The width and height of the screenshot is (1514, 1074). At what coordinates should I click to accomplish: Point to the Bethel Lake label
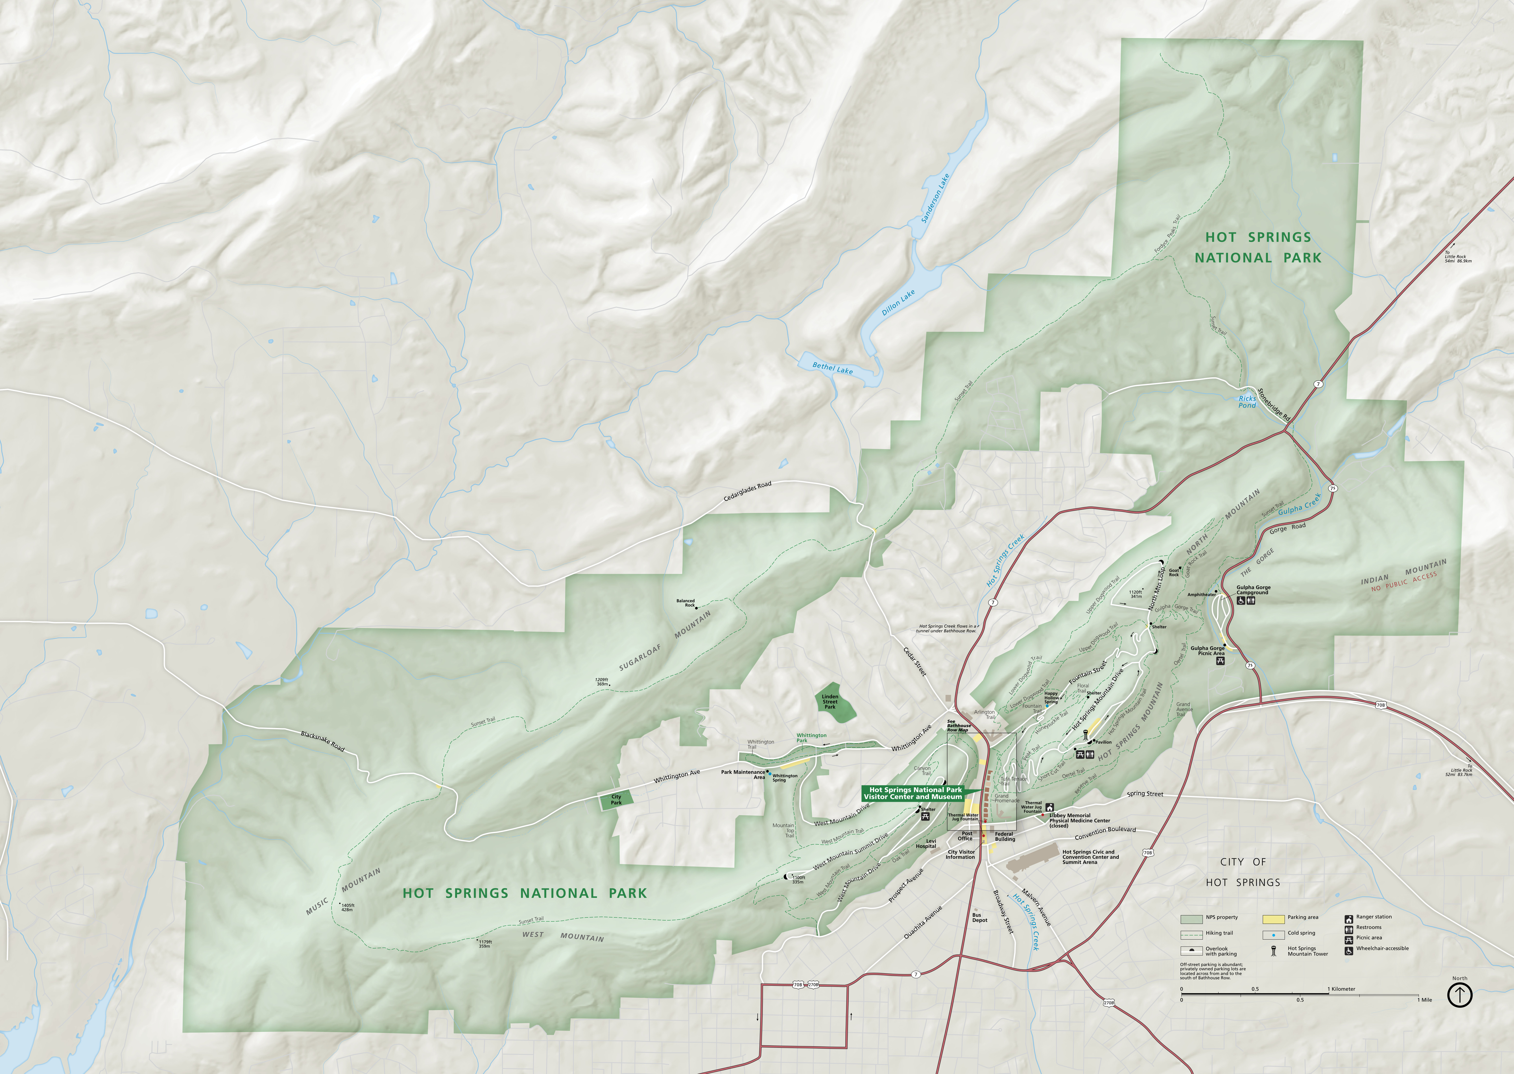pos(832,368)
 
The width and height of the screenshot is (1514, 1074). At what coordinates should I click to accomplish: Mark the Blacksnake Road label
pos(322,741)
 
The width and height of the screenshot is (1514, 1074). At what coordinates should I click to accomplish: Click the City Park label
pos(616,799)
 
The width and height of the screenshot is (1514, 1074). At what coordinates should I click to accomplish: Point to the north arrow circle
pos(1460,994)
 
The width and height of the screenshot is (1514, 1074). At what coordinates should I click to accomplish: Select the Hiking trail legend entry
pos(1219,933)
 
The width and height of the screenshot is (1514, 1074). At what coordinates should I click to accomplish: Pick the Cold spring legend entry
pos(1301,933)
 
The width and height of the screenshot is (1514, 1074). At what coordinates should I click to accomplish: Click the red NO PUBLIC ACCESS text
pos(1404,579)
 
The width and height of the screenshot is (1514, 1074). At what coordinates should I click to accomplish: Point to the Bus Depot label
pos(979,918)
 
